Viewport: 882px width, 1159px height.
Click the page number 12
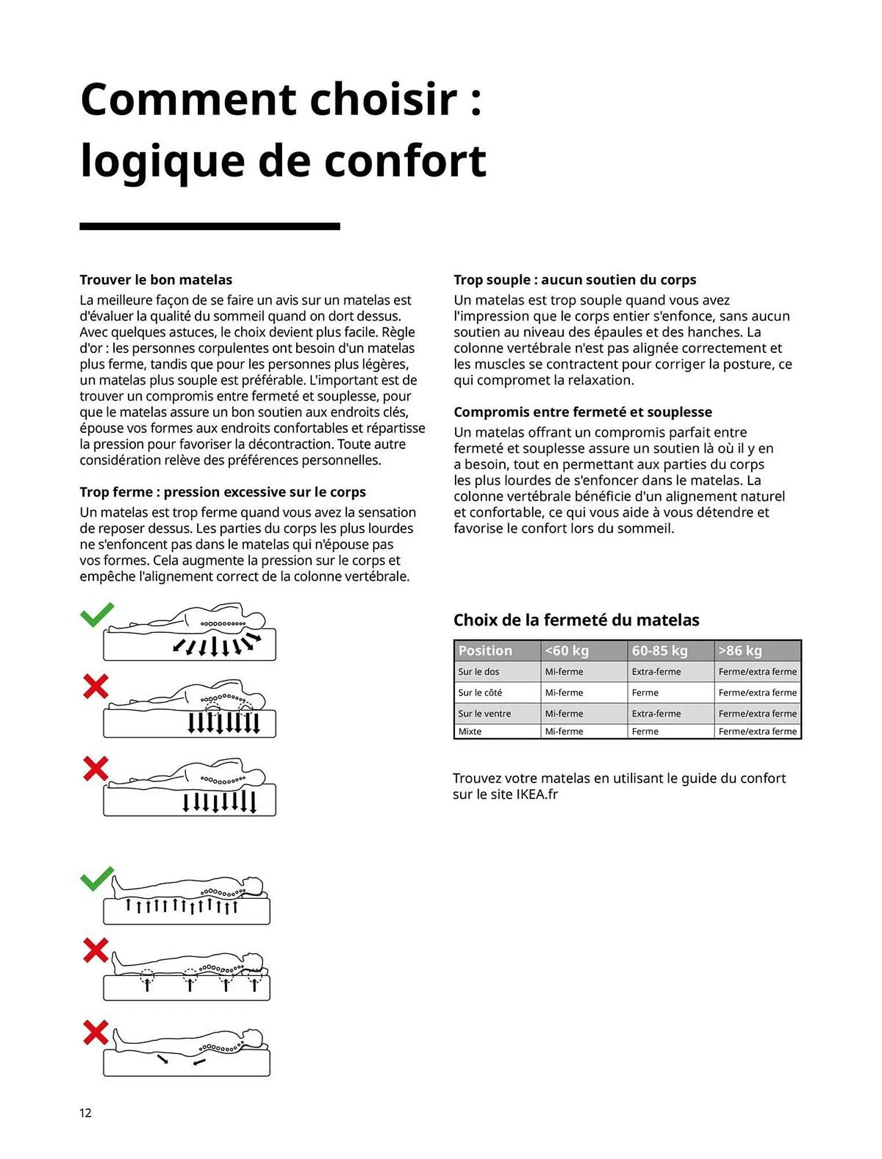85,1112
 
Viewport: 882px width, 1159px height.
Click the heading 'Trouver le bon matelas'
155,280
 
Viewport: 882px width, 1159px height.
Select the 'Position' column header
485,650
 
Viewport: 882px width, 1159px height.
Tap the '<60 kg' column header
566,650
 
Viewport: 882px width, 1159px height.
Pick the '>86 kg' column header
740,650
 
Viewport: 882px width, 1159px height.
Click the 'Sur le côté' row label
480,693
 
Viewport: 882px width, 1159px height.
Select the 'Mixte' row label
469,731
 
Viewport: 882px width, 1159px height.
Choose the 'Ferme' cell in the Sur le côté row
645,693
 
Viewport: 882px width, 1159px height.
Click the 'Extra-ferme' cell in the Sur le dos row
656,672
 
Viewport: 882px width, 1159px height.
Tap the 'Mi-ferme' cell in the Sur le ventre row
564,713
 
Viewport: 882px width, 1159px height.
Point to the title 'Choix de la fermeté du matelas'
576,620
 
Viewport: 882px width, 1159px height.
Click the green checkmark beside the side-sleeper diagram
97,615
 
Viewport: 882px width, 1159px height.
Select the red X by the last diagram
96,1032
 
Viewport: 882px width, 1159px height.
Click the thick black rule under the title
209,226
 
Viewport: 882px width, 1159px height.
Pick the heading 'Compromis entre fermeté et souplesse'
582,412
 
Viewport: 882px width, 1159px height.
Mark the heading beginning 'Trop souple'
574,280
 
